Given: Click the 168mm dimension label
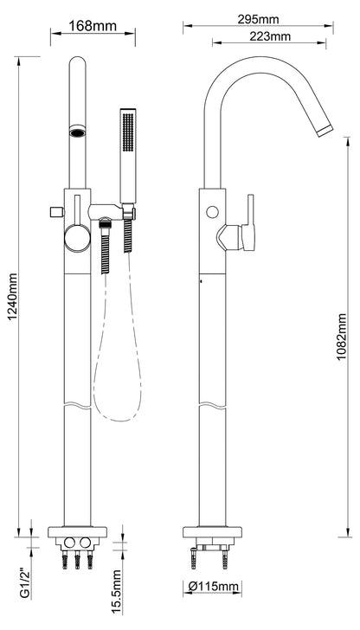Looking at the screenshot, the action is pyautogui.click(x=93, y=26).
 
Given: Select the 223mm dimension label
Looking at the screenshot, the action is pyautogui.click(x=270, y=36).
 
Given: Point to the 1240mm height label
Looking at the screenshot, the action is pyautogui.click(x=12, y=297).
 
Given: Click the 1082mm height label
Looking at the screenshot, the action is pyautogui.click(x=342, y=337).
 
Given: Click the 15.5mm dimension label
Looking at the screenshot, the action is pyautogui.click(x=117, y=592).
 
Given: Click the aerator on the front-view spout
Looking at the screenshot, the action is pyautogui.click(x=77, y=131).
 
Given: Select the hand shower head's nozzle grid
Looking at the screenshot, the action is pyautogui.click(x=128, y=132).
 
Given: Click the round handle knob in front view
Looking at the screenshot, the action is pyautogui.click(x=77, y=239).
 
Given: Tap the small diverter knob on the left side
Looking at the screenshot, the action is pyautogui.click(x=56, y=212).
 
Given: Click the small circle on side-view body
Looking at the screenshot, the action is pyautogui.click(x=212, y=212).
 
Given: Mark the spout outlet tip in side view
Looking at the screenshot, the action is pyautogui.click(x=325, y=131).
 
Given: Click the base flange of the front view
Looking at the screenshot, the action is pyautogui.click(x=77, y=532).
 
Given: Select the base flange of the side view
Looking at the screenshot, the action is pyautogui.click(x=212, y=532).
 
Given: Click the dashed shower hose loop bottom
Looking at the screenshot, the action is pyautogui.click(x=118, y=421).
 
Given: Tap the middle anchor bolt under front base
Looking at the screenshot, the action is pyautogui.click(x=77, y=560).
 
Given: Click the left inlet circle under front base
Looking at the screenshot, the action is pyautogui.click(x=69, y=543).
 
